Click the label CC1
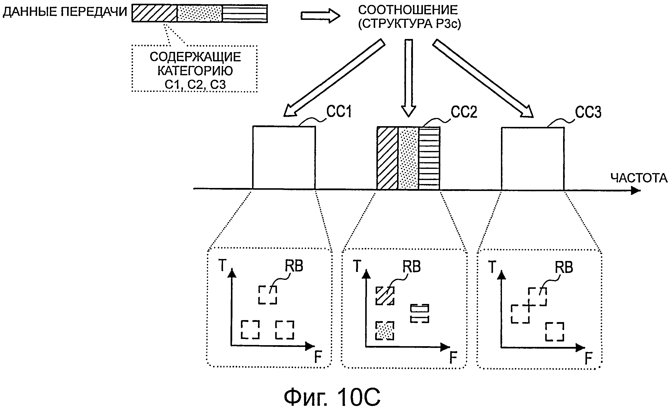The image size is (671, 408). (339, 111)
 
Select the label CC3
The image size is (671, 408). (588, 112)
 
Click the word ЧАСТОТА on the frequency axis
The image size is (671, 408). (639, 178)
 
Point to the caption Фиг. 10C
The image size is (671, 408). (332, 397)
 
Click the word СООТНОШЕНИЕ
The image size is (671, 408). (408, 10)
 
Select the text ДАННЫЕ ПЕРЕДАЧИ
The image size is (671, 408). (65, 12)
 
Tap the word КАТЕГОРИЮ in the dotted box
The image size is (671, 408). (195, 71)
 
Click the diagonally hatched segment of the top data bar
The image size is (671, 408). (154, 13)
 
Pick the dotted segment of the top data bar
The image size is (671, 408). (199, 13)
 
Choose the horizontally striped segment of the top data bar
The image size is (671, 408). (245, 13)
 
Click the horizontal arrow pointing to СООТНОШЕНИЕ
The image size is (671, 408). (320, 16)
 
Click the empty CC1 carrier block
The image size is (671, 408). (284, 157)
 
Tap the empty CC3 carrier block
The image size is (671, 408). (533, 158)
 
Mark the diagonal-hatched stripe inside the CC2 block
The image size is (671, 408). (388, 158)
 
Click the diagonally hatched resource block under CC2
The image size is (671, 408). (385, 296)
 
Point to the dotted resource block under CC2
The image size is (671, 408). (385, 331)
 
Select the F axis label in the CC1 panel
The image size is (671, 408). (318, 357)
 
